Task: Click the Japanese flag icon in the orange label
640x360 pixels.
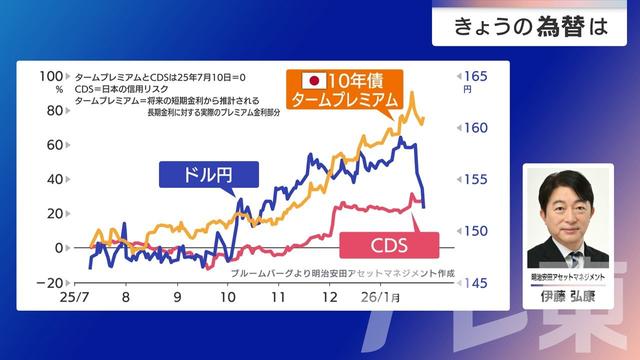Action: [313, 79]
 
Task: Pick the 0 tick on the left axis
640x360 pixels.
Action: [59, 247]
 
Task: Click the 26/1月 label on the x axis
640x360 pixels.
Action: [377, 298]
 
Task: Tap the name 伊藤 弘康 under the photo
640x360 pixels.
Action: [567, 296]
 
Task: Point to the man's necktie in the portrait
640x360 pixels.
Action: [567, 252]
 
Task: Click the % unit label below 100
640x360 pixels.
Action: [59, 90]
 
